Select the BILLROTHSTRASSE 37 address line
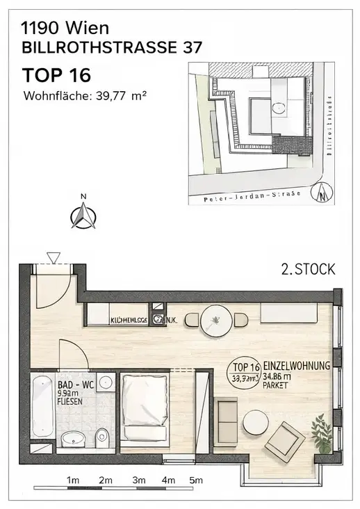(112, 48)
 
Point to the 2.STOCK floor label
(307, 268)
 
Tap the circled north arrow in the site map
(322, 193)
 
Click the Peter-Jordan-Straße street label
(252, 194)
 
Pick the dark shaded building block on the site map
(290, 144)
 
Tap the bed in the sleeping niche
(144, 406)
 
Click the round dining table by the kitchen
(215, 321)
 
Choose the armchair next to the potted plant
(285, 440)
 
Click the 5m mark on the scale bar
(197, 480)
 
